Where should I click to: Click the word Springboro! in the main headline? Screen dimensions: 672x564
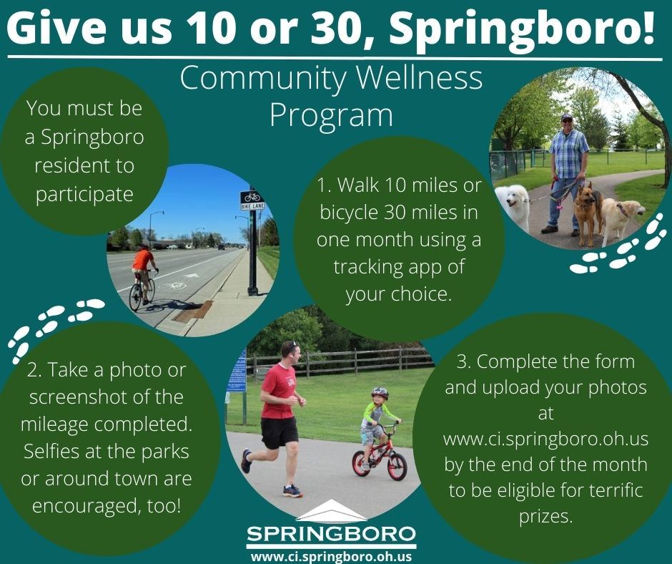tap(522, 29)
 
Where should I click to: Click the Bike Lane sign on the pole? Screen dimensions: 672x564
tap(252, 200)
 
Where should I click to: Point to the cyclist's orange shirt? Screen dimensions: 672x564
tap(143, 260)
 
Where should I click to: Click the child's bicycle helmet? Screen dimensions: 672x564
tap(380, 393)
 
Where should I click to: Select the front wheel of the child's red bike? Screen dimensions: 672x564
tap(397, 466)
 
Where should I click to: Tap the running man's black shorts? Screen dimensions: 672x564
tap(279, 432)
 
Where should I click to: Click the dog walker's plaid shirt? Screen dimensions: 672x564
tap(568, 153)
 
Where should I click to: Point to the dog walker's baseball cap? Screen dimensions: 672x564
tap(567, 117)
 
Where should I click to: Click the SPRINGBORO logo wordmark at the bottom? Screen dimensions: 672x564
tap(331, 534)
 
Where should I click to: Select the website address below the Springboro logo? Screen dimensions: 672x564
tap(331, 557)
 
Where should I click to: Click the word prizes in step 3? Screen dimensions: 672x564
tap(545, 516)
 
